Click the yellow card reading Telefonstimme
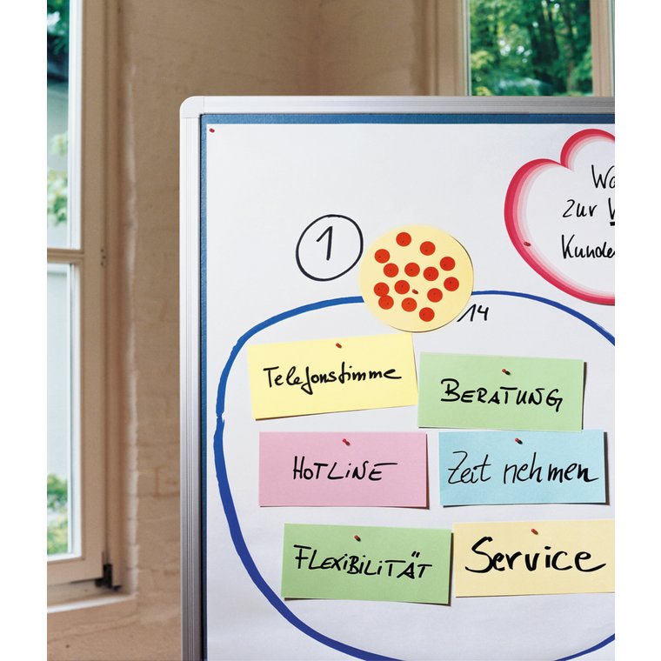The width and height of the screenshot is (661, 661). pyautogui.click(x=331, y=376)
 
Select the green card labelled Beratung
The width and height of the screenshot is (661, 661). pyautogui.click(x=500, y=391)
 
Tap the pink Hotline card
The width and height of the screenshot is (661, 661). pyautogui.click(x=343, y=470)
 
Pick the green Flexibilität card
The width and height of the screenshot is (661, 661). pyautogui.click(x=365, y=562)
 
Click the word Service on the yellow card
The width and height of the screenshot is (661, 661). pyautogui.click(x=533, y=557)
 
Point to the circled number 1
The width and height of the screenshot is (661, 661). pyautogui.click(x=329, y=247)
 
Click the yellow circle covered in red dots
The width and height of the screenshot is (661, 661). pyautogui.click(x=416, y=277)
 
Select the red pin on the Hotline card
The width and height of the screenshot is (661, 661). pyautogui.click(x=345, y=442)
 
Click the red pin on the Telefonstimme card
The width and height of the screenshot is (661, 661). pyautogui.click(x=337, y=345)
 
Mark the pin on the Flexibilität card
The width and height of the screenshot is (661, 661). pyautogui.click(x=357, y=537)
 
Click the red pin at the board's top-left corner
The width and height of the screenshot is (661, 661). pyautogui.click(x=211, y=130)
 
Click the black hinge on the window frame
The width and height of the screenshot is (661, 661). pyautogui.click(x=107, y=574)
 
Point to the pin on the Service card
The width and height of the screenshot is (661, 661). pyautogui.click(x=534, y=531)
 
